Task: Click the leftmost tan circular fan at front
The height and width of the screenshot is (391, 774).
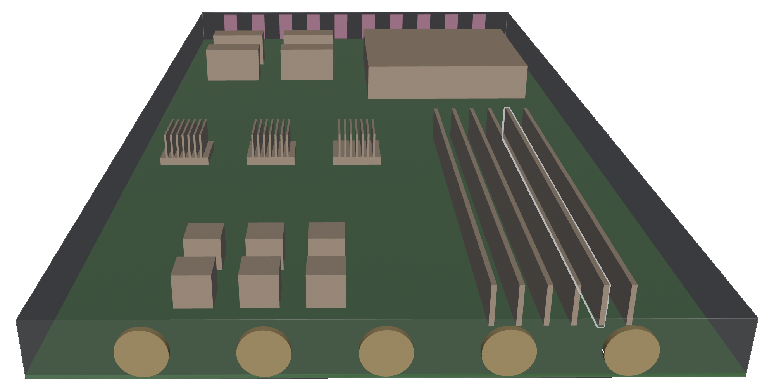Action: [141, 353]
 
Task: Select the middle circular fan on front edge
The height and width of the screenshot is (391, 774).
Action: [386, 352]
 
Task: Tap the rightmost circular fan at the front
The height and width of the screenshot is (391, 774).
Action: [632, 351]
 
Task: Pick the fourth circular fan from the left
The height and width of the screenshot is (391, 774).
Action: [509, 352]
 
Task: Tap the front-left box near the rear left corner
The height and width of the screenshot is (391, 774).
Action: [233, 64]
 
